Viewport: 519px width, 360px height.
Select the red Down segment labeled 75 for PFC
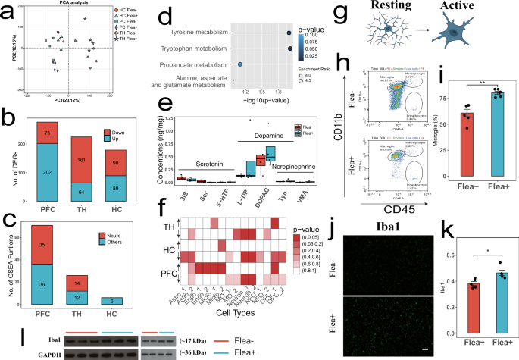pyautogui.click(x=47, y=132)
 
